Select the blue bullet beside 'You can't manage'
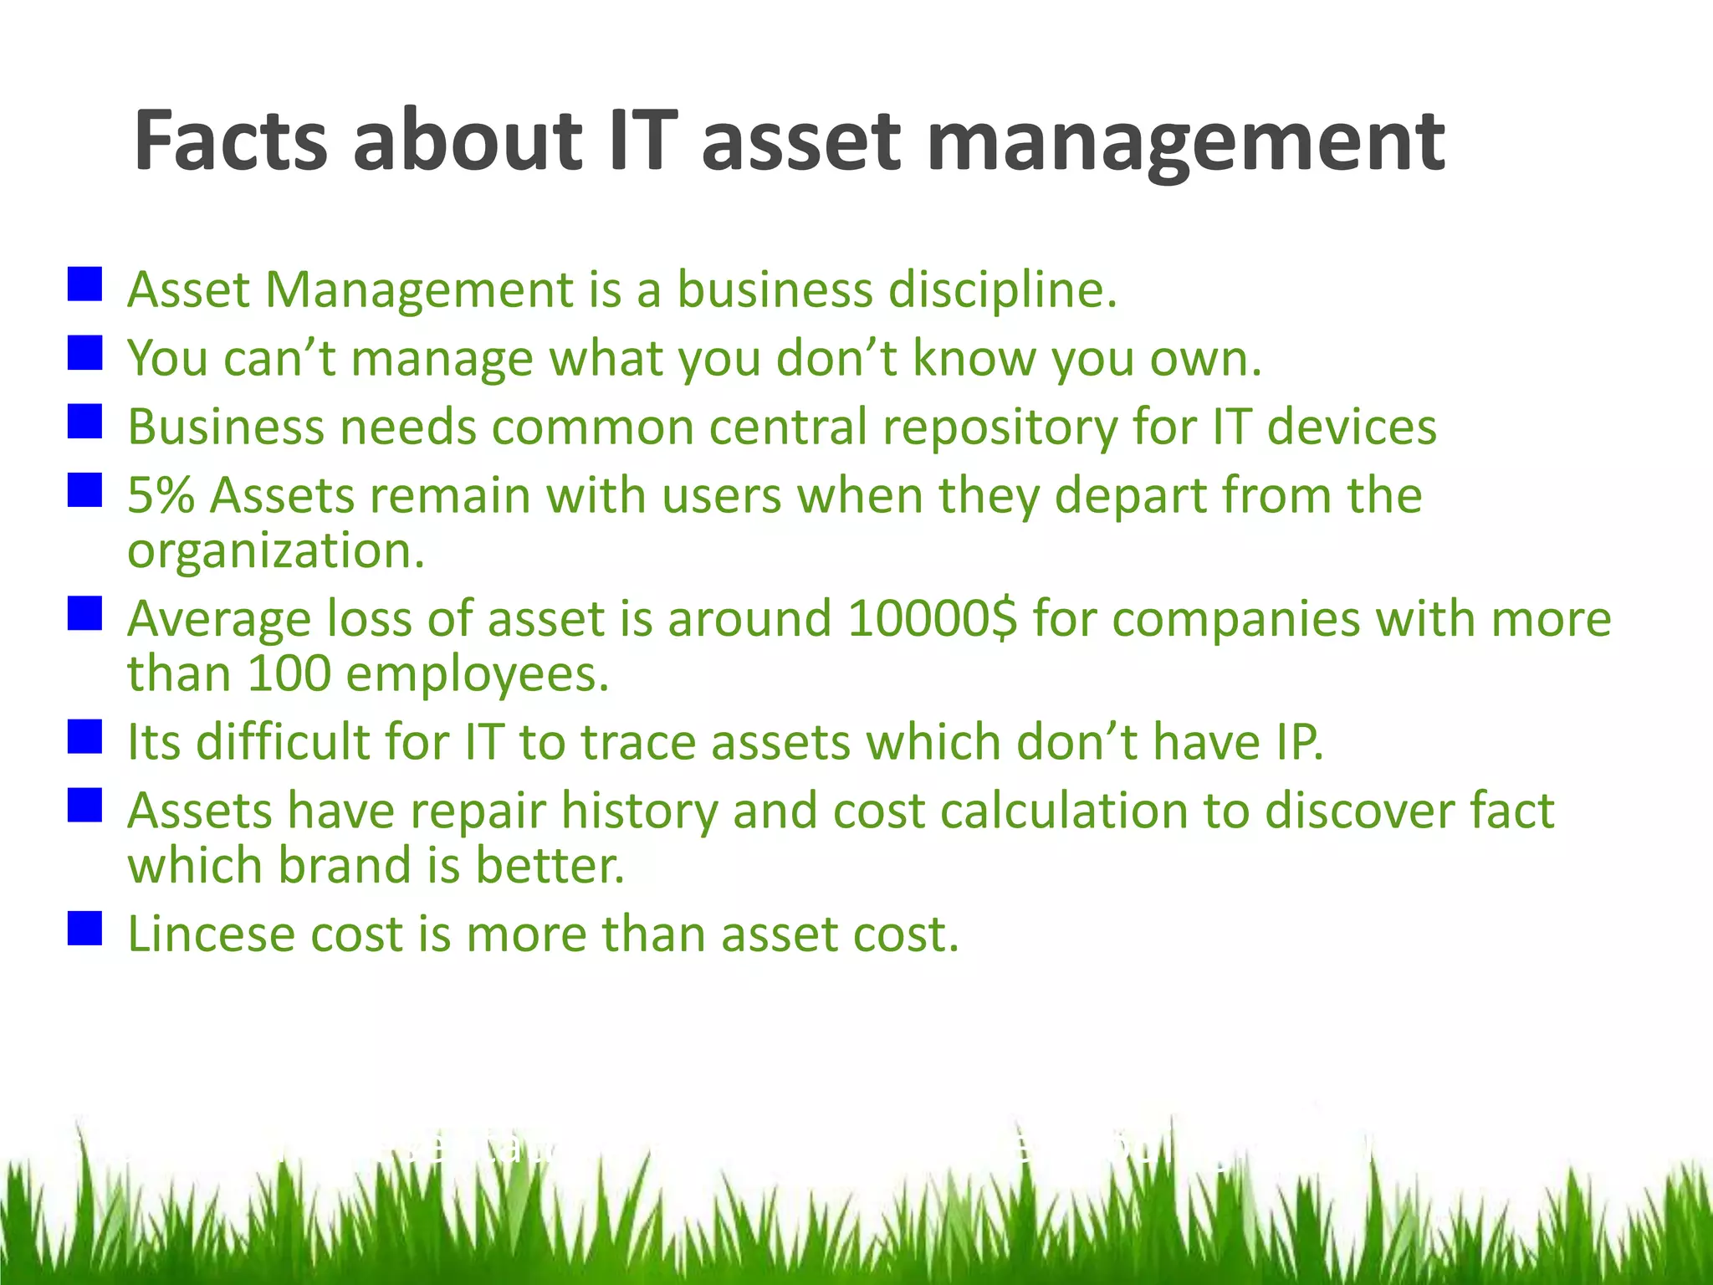tap(84, 352)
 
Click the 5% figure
tap(161, 495)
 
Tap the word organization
tap(276, 552)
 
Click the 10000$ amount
tap(932, 619)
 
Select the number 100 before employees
tap(289, 673)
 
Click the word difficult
tap(282, 742)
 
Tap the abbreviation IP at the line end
tap(1298, 742)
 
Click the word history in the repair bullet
tap(639, 812)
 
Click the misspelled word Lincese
tap(211, 934)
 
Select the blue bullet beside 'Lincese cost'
tap(84, 928)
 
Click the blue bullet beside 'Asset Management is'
tap(84, 284)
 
